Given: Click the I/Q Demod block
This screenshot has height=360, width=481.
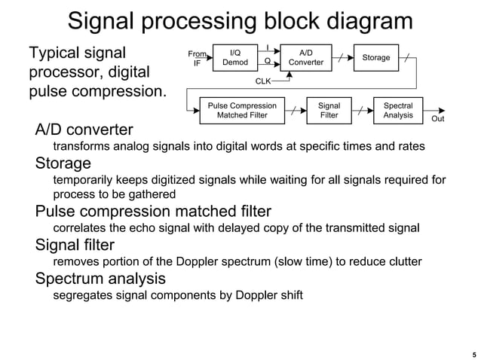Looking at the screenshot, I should [x=234, y=58].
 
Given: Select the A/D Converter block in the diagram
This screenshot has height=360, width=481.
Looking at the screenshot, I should [x=306, y=58].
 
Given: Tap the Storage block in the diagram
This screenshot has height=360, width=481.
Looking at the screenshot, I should [x=376, y=58].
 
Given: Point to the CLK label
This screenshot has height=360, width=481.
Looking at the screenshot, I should [x=263, y=81].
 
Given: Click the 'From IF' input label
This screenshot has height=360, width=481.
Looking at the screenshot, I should [x=197, y=59].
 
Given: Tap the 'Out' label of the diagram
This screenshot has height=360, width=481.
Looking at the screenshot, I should [x=437, y=119].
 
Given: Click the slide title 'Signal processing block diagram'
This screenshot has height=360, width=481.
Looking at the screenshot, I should [x=240, y=20].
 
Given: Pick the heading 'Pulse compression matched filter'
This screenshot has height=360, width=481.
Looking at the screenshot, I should [x=153, y=211].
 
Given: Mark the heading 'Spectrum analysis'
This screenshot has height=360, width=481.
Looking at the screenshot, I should [x=100, y=279].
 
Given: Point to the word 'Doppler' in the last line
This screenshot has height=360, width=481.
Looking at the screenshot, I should [x=259, y=295].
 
